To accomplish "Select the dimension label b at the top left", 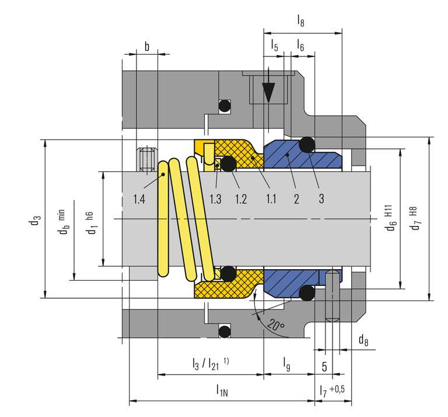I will (146, 47).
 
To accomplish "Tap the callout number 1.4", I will (138, 199).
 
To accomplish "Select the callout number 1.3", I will (215, 199).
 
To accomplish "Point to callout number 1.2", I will (241, 199).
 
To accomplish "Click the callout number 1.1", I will (270, 199).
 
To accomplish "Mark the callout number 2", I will (296, 199).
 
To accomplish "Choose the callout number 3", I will (321, 199).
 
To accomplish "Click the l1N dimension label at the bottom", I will (222, 390).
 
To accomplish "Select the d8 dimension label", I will (363, 339).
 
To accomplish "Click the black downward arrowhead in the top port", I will (268, 93).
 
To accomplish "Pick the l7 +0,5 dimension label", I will (331, 390).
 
